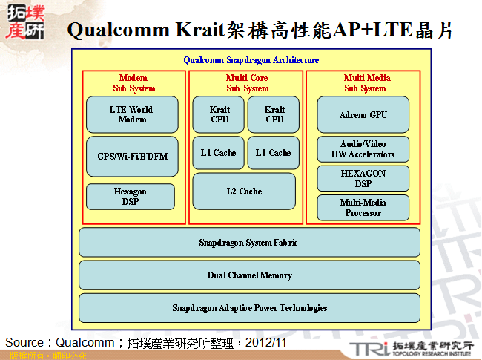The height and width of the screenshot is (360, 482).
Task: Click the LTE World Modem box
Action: (132, 114)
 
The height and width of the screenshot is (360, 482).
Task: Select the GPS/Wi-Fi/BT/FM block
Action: (132, 157)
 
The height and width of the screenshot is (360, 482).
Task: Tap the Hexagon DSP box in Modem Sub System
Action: (130, 197)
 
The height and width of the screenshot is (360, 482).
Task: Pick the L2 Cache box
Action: (244, 192)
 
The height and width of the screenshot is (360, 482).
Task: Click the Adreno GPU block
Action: (363, 115)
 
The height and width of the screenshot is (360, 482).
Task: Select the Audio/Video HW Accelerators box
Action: (363, 149)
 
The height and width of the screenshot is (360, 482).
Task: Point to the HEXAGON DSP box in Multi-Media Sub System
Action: (363, 178)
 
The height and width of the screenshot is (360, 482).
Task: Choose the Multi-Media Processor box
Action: (363, 208)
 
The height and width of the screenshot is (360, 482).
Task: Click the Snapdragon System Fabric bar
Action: (249, 243)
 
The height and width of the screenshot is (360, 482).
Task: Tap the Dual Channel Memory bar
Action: (249, 275)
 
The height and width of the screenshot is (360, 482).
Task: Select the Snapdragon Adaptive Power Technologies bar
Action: (249, 308)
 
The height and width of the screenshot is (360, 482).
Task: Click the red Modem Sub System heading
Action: (133, 83)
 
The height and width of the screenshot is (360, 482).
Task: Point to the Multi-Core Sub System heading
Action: (247, 83)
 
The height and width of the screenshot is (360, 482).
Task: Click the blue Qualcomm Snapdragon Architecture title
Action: (251, 60)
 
